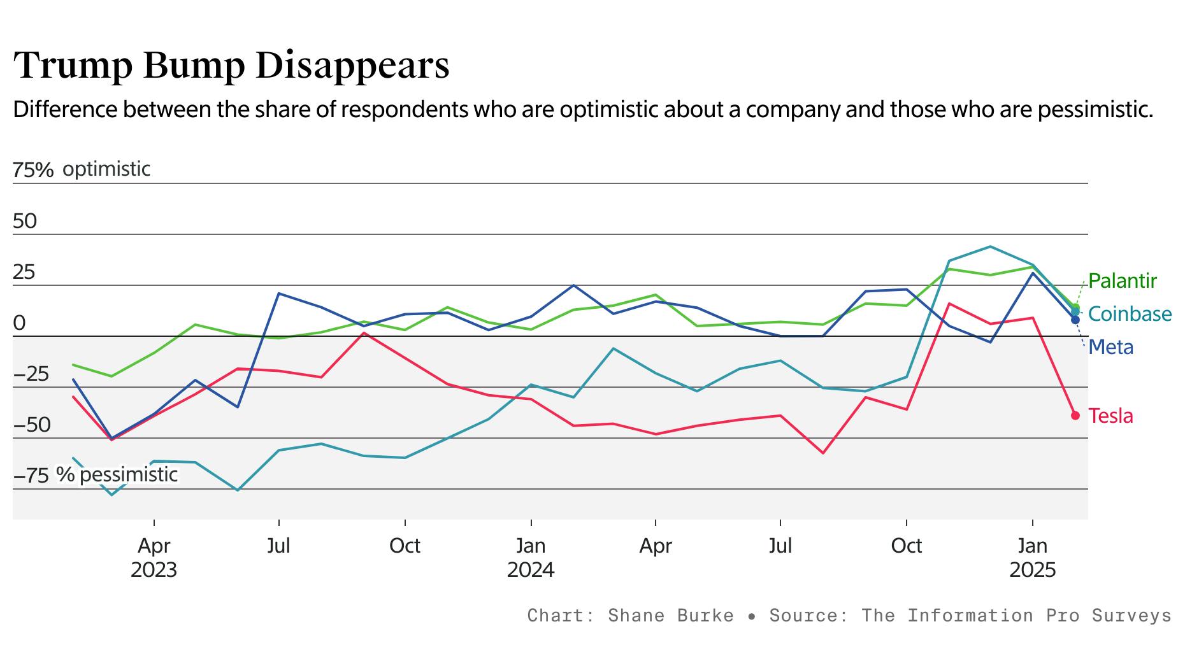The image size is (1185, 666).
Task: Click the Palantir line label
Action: pos(1122,281)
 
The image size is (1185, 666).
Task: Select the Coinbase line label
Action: pos(1130,314)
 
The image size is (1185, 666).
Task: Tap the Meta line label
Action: pos(1111,347)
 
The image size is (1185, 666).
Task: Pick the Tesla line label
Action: pos(1110,416)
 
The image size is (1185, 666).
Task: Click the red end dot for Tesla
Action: pos(1075,415)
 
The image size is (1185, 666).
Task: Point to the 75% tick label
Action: pos(33,170)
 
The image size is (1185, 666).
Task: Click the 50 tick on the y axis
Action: pos(25,222)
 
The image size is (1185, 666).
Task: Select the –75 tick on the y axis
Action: pos(31,476)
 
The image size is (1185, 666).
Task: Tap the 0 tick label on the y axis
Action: pos(19,323)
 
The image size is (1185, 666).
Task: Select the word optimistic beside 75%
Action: pos(106,169)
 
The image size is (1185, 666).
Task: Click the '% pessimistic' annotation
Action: pos(117,474)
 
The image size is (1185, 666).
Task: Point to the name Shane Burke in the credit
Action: pos(670,616)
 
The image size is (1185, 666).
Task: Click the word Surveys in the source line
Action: pos(1131,616)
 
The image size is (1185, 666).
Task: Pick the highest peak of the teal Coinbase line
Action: pos(990,246)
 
